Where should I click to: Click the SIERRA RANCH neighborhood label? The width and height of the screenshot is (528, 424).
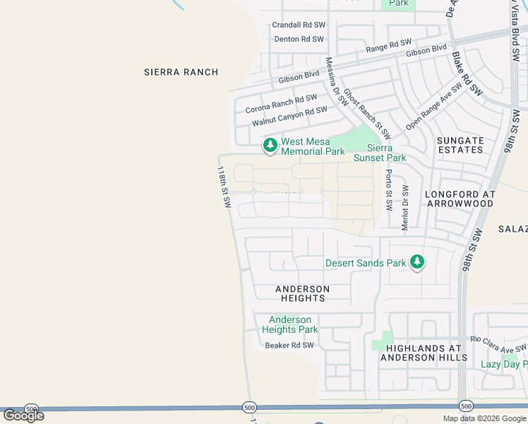tap(181, 72)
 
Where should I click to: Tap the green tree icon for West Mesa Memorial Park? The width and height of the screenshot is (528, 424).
tap(270, 146)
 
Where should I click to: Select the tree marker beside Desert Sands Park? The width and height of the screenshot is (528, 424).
tap(417, 263)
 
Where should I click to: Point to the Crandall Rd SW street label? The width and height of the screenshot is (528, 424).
tap(298, 25)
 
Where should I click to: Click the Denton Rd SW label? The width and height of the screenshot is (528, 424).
tap(299, 40)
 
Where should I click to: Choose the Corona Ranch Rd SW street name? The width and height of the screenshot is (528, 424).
tap(281, 105)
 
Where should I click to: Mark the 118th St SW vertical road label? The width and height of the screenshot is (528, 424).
tap(224, 187)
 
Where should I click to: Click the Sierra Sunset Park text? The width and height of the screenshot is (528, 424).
tap(387, 153)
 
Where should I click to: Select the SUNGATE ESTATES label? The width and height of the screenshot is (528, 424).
tap(460, 146)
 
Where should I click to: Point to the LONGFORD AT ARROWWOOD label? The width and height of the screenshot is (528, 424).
tap(460, 199)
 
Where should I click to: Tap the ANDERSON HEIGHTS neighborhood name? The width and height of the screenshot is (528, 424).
tap(302, 293)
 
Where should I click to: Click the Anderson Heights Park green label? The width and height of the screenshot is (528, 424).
tap(289, 325)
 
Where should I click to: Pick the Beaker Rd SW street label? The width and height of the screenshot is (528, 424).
tap(289, 346)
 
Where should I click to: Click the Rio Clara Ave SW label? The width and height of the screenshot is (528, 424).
tap(498, 344)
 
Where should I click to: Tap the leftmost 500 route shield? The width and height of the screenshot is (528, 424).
tap(31, 409)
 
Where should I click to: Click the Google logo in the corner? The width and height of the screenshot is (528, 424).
tap(23, 416)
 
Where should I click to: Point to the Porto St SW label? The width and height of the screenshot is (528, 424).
tap(388, 190)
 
